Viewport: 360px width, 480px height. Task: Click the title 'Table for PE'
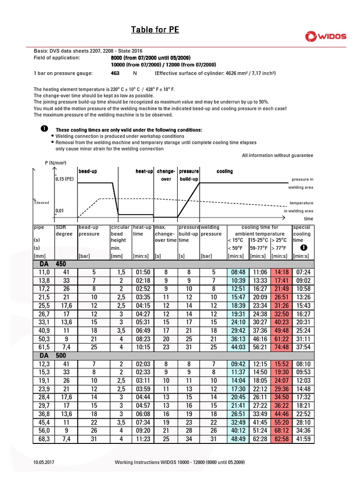pos(155,30)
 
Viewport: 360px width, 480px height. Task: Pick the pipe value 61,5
pos(44,347)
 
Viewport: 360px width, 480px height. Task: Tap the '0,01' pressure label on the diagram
pos(59,211)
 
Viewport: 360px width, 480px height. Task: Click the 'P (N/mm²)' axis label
pos(55,162)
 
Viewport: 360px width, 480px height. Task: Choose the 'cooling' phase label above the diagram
pos(225,171)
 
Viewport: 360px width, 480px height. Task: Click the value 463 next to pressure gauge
pos(115,74)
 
